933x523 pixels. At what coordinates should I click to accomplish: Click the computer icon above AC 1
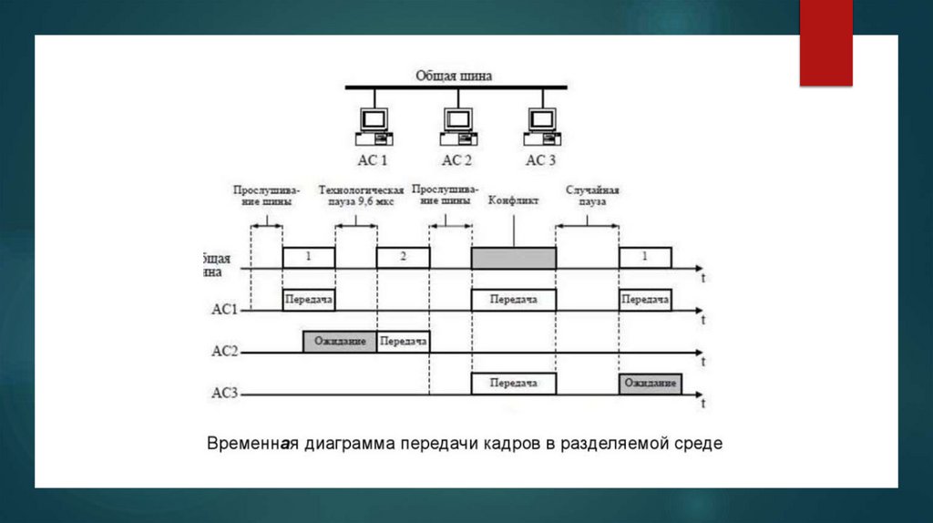tap(373, 126)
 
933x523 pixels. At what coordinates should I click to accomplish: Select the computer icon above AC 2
tap(457, 126)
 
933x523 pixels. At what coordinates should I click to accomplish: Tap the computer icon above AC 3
tap(541, 126)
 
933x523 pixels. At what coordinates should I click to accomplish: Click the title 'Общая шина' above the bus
tap(454, 77)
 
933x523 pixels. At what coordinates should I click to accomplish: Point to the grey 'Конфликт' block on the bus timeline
tap(513, 258)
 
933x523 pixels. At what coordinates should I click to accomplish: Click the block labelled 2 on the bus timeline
tap(403, 257)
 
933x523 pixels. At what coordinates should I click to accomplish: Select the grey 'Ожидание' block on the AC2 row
tap(340, 342)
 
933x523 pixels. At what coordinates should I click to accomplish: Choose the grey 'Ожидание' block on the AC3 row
tap(649, 384)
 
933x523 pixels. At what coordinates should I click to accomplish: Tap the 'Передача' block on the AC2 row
tap(403, 342)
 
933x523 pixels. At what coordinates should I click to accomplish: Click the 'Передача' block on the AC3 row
tap(513, 384)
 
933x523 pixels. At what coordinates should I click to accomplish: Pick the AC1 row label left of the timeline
tap(224, 310)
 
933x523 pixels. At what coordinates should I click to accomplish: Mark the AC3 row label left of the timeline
tap(224, 394)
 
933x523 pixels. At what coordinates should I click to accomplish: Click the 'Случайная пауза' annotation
tap(592, 195)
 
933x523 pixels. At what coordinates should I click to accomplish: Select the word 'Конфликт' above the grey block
tap(514, 200)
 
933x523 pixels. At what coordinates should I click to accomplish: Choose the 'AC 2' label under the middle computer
tap(457, 160)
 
